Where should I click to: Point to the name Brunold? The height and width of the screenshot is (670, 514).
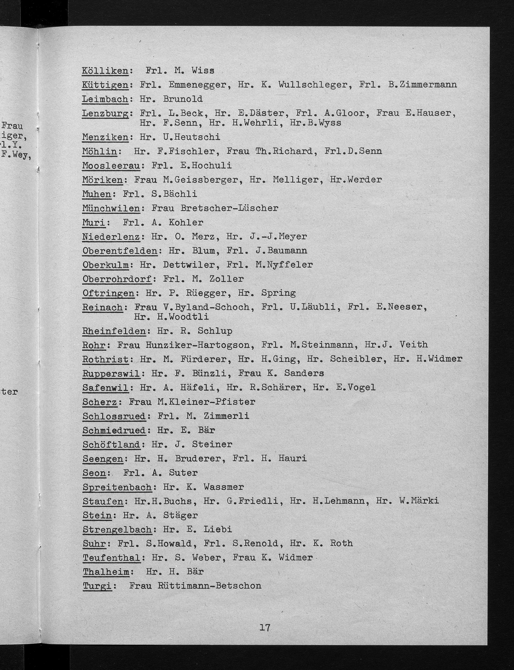coord(183,99)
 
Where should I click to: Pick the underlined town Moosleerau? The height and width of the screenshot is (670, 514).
coord(111,165)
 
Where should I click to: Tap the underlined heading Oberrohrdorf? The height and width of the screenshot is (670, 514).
coord(117,279)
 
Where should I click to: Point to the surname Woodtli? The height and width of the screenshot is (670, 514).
coord(183,317)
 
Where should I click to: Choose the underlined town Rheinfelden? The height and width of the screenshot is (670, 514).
coord(114,331)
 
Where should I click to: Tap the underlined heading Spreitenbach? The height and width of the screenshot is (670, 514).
coord(117,487)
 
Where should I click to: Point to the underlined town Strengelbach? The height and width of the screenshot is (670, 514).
coord(117,530)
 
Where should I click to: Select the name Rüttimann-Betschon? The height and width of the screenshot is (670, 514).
coord(209,586)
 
